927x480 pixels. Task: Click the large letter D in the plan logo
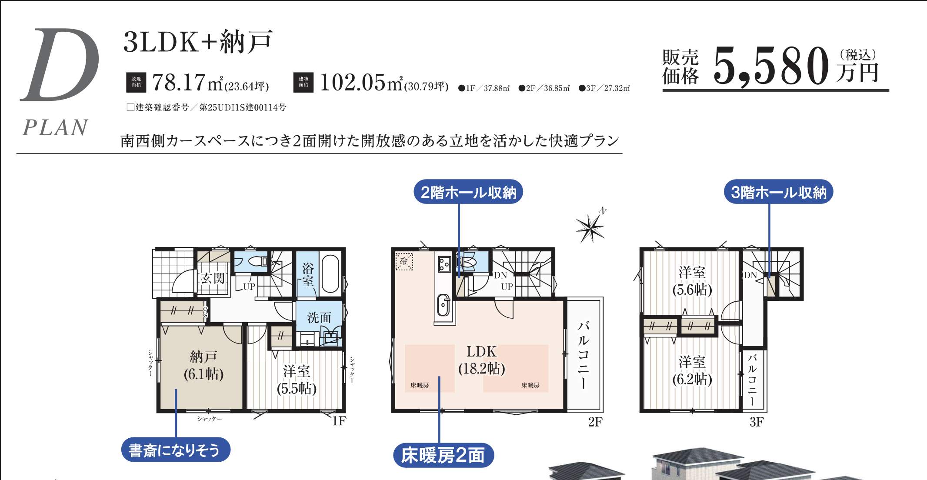[x=61, y=65]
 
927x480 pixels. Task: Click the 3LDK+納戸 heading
[x=198, y=42]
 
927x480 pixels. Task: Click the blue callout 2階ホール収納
[x=468, y=192]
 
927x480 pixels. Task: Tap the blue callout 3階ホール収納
[x=778, y=192]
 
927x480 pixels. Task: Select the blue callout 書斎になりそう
[x=175, y=450]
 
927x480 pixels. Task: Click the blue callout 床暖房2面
[x=443, y=455]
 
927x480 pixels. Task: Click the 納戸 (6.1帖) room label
[x=203, y=365]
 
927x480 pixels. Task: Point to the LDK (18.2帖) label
[x=481, y=360]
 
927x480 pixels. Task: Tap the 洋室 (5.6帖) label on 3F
[x=692, y=281]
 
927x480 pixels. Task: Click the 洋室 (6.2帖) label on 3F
[x=692, y=370]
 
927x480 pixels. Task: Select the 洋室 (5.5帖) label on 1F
[x=297, y=380]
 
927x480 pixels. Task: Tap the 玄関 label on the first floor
[x=213, y=278]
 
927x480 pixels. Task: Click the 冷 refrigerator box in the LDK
[x=404, y=261]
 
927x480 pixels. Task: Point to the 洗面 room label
[x=319, y=318]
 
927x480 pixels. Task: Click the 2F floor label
[x=595, y=422]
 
